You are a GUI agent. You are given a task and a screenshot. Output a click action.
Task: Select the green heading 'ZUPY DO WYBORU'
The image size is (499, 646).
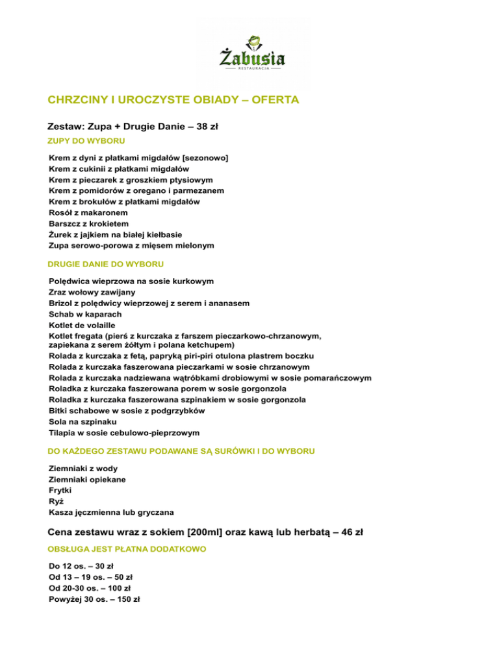(x=86, y=140)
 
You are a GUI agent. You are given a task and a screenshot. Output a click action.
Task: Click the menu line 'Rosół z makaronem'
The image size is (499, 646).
(x=89, y=213)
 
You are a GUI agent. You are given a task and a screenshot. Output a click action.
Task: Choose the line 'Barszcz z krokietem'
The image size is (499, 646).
(x=90, y=224)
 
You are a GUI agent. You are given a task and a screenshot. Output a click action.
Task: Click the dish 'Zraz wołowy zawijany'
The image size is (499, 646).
(x=92, y=292)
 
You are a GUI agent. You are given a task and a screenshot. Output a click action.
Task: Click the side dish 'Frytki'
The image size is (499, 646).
(x=62, y=490)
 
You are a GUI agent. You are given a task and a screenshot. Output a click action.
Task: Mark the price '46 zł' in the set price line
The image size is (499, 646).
(x=351, y=532)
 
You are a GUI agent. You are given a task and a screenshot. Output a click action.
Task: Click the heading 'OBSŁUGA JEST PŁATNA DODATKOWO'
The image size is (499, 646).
(x=127, y=549)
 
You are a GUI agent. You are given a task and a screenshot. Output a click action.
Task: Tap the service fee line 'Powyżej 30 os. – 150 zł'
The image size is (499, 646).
(x=94, y=599)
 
